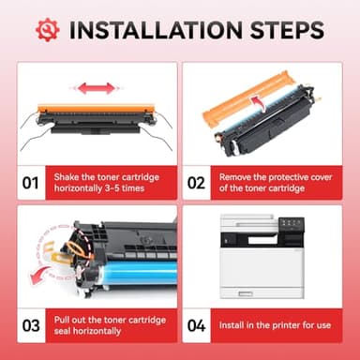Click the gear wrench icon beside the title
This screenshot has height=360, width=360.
(47, 29)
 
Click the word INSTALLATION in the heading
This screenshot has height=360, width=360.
(157, 29)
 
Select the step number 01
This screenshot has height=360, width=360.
(31, 180)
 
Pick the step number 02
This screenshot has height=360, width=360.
(196, 180)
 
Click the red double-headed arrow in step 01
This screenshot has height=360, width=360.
(97, 89)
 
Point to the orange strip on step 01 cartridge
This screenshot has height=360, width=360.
(94, 110)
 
